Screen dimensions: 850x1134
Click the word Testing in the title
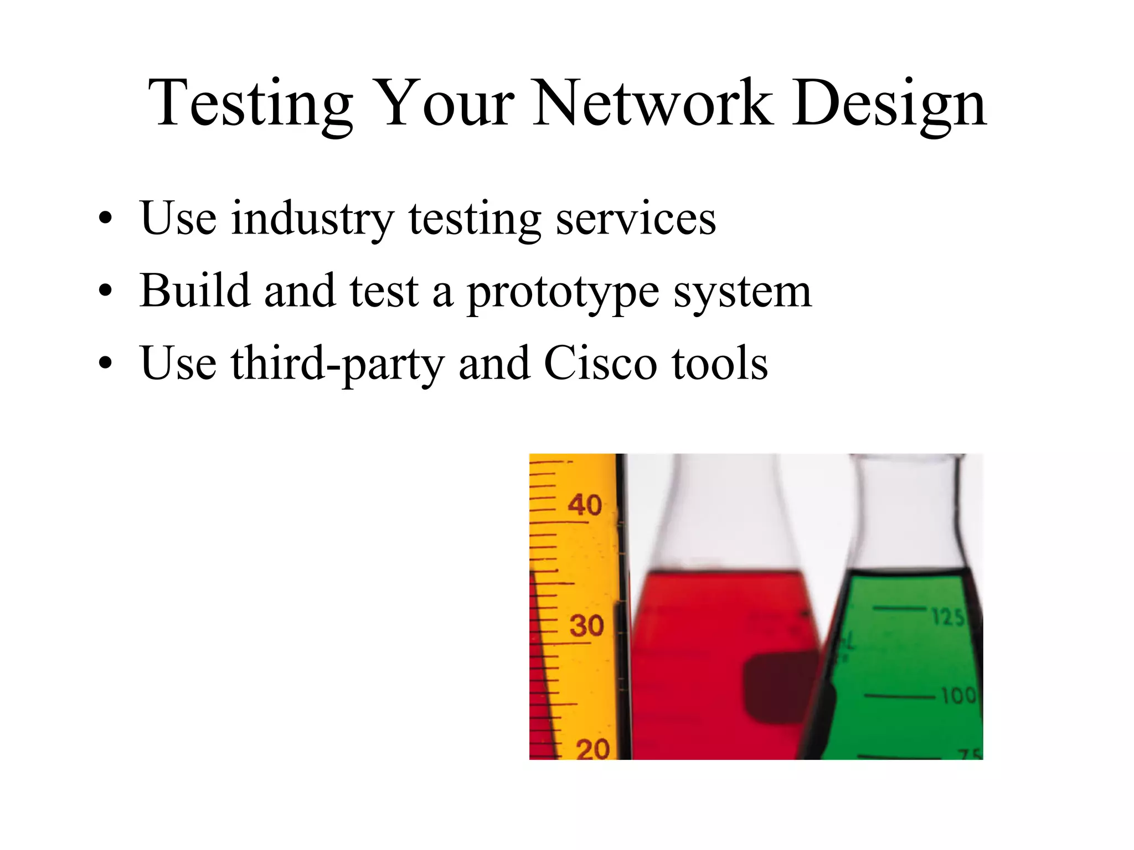tap(250, 103)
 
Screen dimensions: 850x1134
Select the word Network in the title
tap(652, 103)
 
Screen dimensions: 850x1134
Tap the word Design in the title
tap(889, 103)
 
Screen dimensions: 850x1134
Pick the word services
tap(636, 219)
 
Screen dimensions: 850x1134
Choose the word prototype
tap(563, 292)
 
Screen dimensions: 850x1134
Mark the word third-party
tap(337, 364)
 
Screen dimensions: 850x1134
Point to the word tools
tap(720, 364)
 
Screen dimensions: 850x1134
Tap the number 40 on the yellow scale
tap(585, 505)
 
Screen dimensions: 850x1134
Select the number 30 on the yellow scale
tap(586, 626)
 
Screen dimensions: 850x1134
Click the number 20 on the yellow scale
tap(592, 749)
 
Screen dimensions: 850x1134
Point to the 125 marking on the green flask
tap(948, 616)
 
